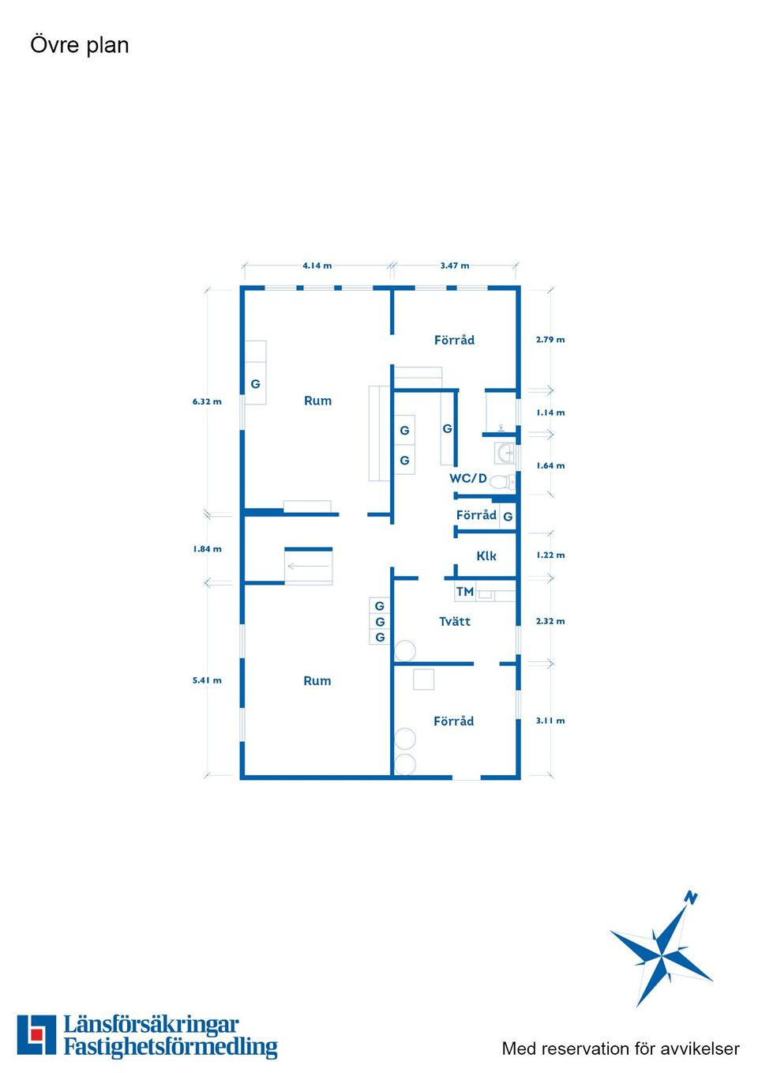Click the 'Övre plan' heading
coord(80,45)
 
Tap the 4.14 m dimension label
coord(317,265)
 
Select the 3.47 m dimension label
coord(455,265)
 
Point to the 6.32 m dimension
coord(207,401)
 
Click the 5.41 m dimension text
coord(207,680)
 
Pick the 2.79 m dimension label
coord(550,340)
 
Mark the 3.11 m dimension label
coord(550,721)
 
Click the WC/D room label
coord(468,478)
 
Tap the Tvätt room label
coord(455,621)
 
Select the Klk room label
coord(486,555)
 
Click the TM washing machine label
coord(464,592)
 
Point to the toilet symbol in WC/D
coord(502,482)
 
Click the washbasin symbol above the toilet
coord(505,453)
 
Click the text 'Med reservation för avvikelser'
coord(621,1049)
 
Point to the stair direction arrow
coord(308,567)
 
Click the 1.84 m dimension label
coord(207,549)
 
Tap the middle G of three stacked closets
coord(380,622)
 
